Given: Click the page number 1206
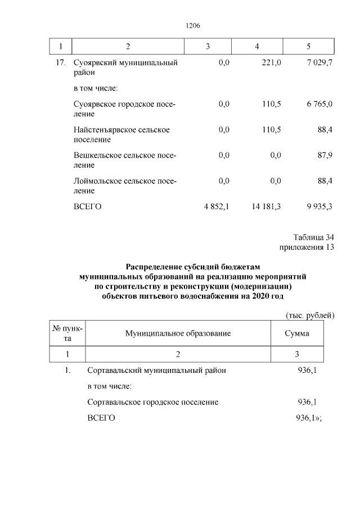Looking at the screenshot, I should coord(193,26).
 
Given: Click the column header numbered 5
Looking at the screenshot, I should coord(308,46).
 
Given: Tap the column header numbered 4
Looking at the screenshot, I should coord(256,46).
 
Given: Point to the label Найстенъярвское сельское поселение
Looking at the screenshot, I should coord(121,134).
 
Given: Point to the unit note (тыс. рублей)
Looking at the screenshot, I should coord(310,315).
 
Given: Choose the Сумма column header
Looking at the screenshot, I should coord(297,334).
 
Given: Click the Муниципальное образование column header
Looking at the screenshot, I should coord(178,334).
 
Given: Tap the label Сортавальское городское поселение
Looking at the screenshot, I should coord(153,402).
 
